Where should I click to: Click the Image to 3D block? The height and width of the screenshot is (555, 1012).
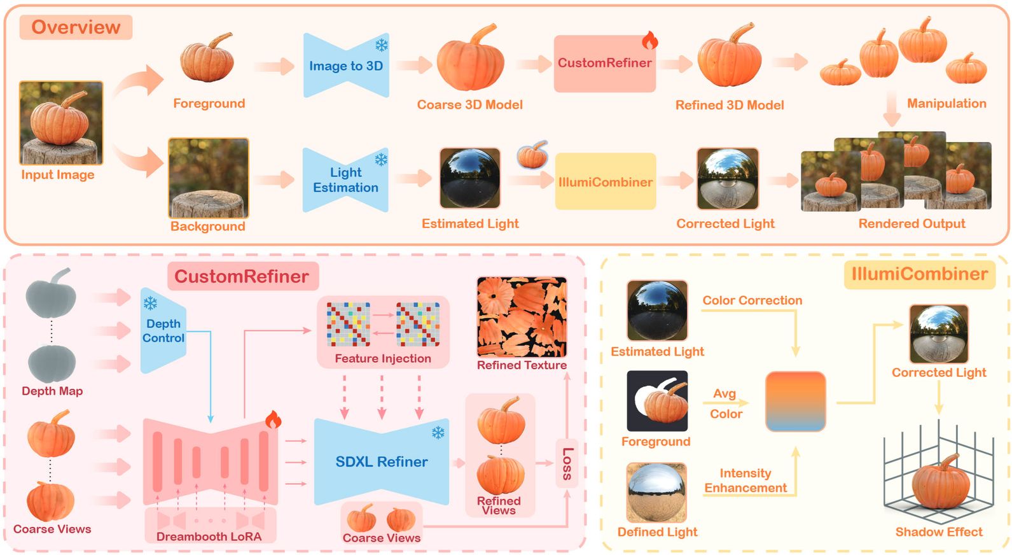[345, 66]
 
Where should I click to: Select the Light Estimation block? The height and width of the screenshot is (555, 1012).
[345, 180]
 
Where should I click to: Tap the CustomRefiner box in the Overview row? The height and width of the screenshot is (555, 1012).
[604, 64]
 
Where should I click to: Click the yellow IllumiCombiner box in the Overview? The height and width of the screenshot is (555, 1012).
[605, 181]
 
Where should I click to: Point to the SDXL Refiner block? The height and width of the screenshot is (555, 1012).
[382, 461]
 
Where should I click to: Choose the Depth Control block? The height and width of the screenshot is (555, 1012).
[163, 330]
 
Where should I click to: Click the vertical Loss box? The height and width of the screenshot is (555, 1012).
[567, 463]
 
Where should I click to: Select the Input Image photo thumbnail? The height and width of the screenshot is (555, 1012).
[61, 123]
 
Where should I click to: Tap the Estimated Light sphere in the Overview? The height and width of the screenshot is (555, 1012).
[469, 179]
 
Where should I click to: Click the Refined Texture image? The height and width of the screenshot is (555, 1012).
[522, 317]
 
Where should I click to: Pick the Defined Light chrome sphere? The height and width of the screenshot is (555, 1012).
[656, 493]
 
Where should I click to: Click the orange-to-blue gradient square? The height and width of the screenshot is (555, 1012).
[795, 402]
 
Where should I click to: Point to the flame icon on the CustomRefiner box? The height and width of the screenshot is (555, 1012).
[649, 41]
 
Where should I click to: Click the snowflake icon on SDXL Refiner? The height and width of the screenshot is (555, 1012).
[438, 433]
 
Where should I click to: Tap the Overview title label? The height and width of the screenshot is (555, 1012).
[76, 27]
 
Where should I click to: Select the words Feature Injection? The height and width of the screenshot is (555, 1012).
[383, 358]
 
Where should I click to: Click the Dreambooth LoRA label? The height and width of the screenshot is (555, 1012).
[209, 537]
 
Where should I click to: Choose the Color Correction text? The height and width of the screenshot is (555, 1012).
[752, 300]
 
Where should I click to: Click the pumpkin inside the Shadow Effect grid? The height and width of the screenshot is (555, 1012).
[940, 483]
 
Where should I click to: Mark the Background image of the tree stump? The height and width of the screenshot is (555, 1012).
[208, 178]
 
